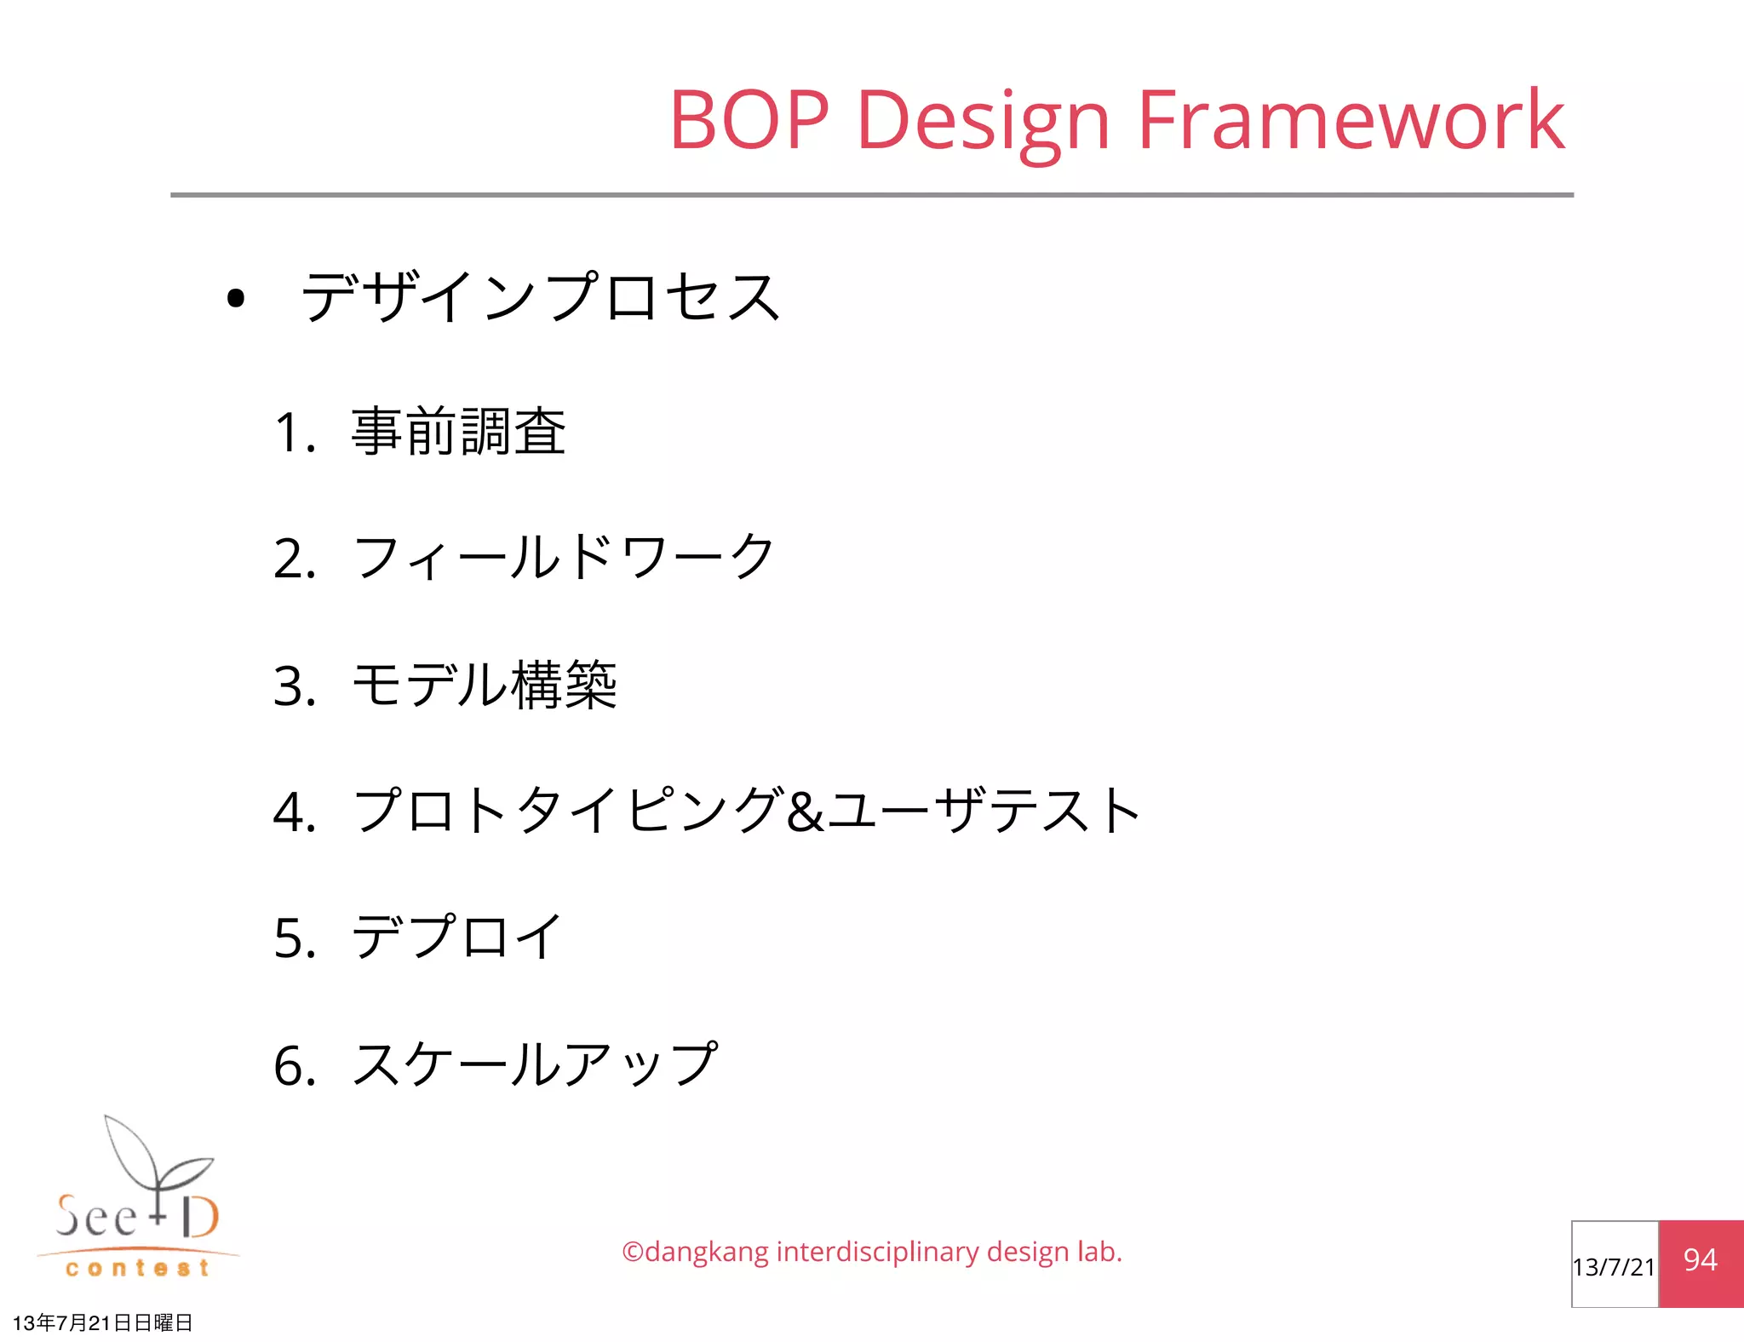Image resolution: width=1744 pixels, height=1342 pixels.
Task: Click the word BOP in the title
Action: [x=749, y=121]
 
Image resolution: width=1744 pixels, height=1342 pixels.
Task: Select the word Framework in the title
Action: [x=1351, y=121]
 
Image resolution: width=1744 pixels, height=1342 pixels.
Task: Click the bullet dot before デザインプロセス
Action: [x=236, y=298]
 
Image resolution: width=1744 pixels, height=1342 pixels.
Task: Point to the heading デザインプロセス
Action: [x=541, y=297]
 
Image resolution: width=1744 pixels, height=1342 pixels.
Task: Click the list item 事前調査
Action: [x=458, y=432]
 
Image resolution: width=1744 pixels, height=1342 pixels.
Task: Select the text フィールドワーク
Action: [x=563, y=558]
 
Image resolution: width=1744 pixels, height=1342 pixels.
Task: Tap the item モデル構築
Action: [x=484, y=685]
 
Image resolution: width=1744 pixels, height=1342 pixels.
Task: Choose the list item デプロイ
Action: [x=456, y=937]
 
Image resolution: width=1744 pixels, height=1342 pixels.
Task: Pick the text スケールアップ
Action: [x=535, y=1064]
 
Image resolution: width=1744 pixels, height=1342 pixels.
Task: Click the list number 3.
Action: [x=294, y=686]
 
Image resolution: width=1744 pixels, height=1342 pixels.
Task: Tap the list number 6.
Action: [x=294, y=1066]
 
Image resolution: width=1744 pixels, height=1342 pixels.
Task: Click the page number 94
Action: [x=1700, y=1260]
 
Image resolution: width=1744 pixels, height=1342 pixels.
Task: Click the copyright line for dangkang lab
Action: [x=872, y=1252]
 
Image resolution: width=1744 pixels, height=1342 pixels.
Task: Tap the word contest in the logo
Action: [x=137, y=1269]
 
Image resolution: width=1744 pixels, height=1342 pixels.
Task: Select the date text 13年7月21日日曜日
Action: [x=103, y=1322]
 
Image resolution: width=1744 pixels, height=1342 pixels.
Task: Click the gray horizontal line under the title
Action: [x=872, y=195]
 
